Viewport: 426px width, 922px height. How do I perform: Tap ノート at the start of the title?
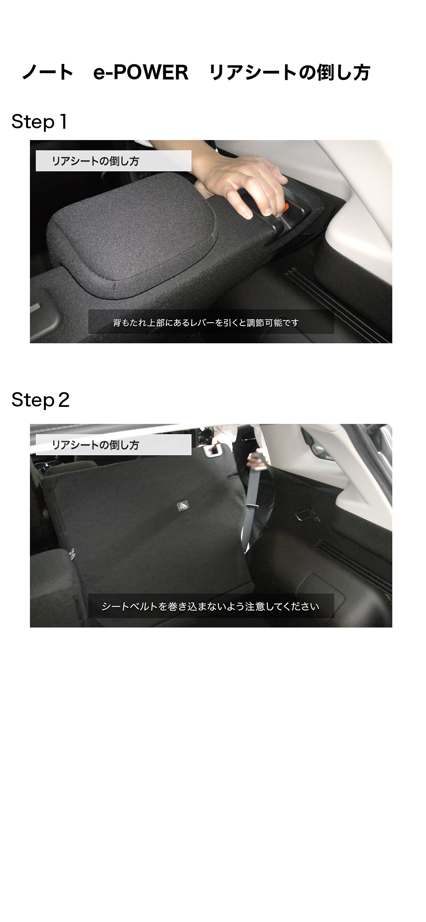[48, 72]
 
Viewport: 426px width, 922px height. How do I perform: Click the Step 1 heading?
[39, 122]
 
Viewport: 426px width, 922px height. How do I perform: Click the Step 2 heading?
[41, 400]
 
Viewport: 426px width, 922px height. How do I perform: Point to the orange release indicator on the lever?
[287, 207]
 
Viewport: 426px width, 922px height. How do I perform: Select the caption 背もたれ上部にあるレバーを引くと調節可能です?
[206, 322]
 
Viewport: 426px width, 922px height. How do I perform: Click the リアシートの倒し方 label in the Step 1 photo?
[95, 161]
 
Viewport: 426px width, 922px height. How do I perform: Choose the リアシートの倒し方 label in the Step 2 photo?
[95, 445]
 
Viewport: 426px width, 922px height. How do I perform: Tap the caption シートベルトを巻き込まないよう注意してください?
[211, 606]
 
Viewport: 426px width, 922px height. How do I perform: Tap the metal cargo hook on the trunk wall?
[307, 515]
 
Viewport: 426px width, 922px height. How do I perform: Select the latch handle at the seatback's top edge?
[214, 450]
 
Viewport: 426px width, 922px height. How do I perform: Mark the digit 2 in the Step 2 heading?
[64, 400]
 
